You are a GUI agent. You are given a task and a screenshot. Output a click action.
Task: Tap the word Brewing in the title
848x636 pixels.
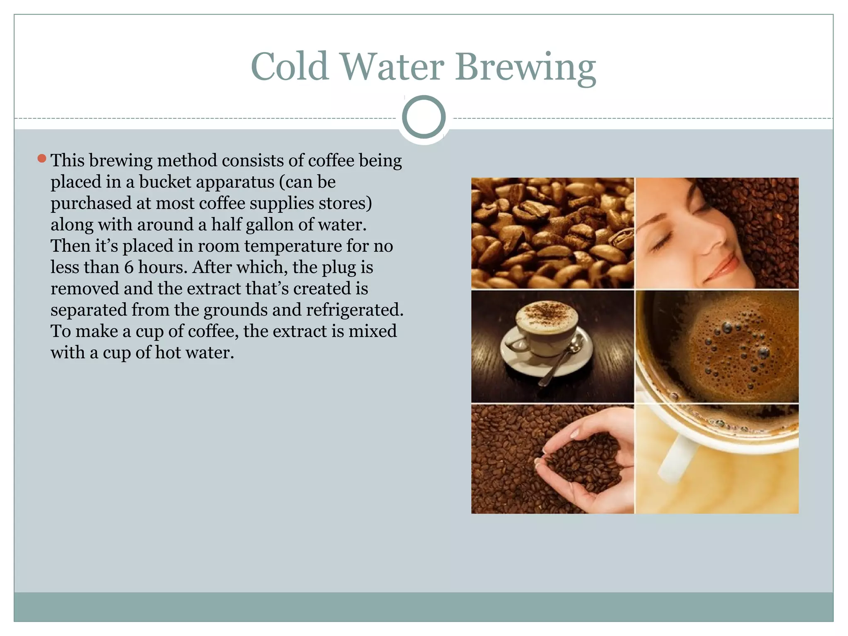click(525, 67)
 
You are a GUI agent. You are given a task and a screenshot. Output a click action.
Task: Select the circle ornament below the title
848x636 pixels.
click(424, 117)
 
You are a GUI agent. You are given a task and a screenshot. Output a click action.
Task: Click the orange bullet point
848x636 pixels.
click(41, 158)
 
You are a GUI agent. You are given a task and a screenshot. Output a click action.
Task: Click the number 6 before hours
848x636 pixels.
click(129, 267)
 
